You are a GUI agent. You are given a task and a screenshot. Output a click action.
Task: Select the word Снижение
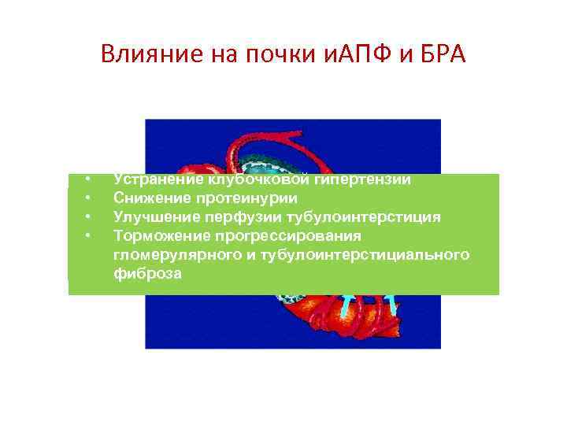(149, 198)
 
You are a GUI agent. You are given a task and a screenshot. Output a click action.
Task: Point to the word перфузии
(231, 217)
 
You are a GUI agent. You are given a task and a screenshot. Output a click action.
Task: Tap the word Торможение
(157, 236)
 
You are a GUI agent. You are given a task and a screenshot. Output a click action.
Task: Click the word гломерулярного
(166, 255)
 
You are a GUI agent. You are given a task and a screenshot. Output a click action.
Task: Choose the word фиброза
(147, 274)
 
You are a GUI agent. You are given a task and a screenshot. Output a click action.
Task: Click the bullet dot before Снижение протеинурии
(89, 198)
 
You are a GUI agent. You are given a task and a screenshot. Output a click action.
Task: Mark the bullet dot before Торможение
(89, 235)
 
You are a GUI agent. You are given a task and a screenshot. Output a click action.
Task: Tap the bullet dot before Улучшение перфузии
(89, 216)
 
